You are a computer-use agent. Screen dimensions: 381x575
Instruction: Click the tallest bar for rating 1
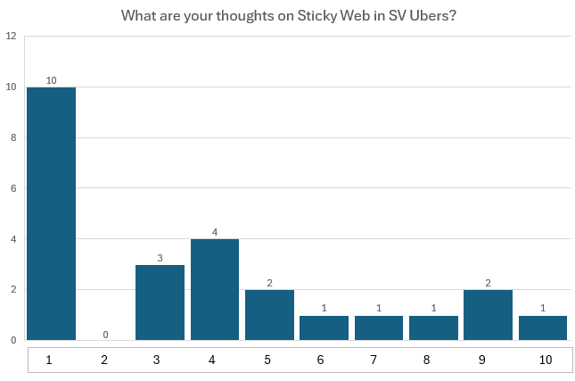coord(51,213)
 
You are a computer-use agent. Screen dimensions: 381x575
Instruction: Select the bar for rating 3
coord(160,302)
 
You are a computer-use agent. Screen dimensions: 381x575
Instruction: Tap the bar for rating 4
coord(215,289)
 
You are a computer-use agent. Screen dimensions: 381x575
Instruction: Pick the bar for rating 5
coord(270,315)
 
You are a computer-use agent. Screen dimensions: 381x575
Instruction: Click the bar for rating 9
coord(489,315)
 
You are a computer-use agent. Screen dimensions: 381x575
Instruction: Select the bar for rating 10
coord(543,327)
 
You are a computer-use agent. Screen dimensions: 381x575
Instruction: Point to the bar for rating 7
coord(379,327)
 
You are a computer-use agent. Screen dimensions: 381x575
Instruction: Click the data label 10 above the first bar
coord(51,80)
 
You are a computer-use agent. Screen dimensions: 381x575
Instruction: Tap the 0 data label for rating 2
coord(106,335)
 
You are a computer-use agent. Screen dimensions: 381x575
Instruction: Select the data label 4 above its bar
coord(215,233)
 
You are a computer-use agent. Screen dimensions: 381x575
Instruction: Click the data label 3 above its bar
coord(160,258)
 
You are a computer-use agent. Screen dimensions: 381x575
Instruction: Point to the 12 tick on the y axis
coord(12,37)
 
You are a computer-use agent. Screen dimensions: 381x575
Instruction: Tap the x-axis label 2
coord(106,360)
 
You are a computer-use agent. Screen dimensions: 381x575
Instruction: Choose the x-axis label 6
coord(324,360)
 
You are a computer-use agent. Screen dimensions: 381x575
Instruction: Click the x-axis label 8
coord(433,360)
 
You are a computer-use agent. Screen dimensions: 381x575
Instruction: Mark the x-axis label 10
coord(543,360)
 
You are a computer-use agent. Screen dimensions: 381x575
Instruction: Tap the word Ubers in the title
coord(433,15)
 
